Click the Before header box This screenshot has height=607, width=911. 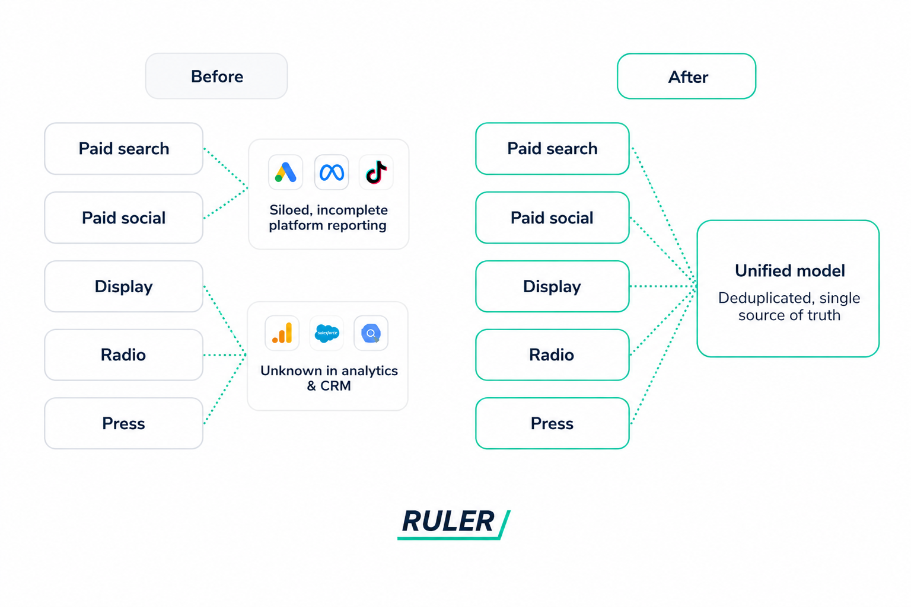coord(216,76)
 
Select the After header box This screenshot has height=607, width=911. coord(686,76)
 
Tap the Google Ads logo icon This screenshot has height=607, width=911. coord(285,172)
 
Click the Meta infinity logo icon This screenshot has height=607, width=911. coord(332,172)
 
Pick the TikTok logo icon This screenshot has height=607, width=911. coord(376,172)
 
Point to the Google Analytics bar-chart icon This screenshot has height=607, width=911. coord(282,333)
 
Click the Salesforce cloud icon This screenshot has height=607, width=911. coord(327,333)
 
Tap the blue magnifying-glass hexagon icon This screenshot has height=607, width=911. coord(371,333)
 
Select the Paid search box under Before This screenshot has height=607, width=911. coord(123,149)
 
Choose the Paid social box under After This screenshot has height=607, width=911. coord(552,218)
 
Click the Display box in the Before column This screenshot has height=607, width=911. coord(123,287)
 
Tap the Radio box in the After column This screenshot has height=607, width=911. coord(552,355)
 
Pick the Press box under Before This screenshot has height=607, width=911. coord(123,424)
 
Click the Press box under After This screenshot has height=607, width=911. coord(552,424)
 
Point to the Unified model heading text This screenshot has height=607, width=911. coord(790,271)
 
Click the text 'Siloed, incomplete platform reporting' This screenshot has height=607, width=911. coord(328,218)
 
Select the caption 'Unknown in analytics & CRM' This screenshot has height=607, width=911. coord(329,378)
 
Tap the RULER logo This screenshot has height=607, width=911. coord(454,523)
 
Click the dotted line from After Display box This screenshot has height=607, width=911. coord(663,287)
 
